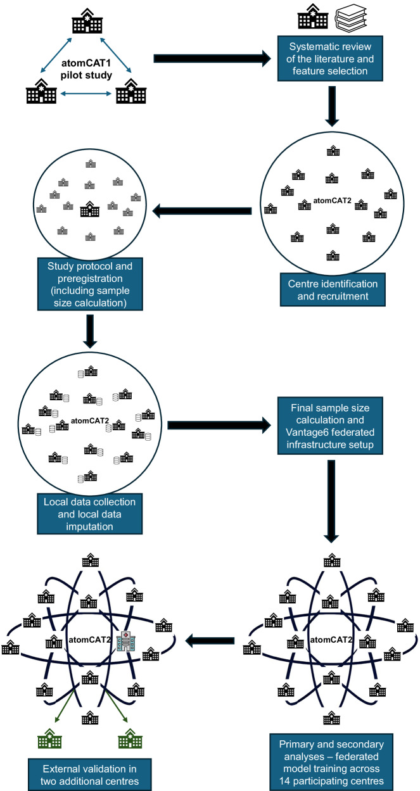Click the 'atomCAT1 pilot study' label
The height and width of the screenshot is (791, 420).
point(86,69)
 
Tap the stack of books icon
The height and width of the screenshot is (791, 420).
point(351,17)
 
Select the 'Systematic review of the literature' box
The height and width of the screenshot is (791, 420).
point(330,59)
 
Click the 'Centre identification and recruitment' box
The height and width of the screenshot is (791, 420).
point(333,289)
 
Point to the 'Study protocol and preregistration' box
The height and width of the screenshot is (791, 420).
point(90,284)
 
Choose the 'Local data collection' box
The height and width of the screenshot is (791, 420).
point(90,514)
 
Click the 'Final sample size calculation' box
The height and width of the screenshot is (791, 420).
point(330,426)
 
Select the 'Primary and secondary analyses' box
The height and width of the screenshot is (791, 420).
point(331,762)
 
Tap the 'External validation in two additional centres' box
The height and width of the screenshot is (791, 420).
point(90,775)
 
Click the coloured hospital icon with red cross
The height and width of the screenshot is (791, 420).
point(127,641)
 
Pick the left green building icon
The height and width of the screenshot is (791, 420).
point(50,738)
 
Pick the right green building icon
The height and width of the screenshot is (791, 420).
point(130,738)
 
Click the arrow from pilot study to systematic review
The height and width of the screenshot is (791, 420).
point(212,58)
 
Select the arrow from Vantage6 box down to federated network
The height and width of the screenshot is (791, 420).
point(331,501)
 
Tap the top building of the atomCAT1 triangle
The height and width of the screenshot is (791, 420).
point(87,20)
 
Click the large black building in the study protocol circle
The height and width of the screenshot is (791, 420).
point(90,208)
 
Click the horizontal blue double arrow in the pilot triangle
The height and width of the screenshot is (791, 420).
point(86,94)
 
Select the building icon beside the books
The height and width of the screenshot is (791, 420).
point(313,16)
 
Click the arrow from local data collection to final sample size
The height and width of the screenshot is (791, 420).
point(219,425)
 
